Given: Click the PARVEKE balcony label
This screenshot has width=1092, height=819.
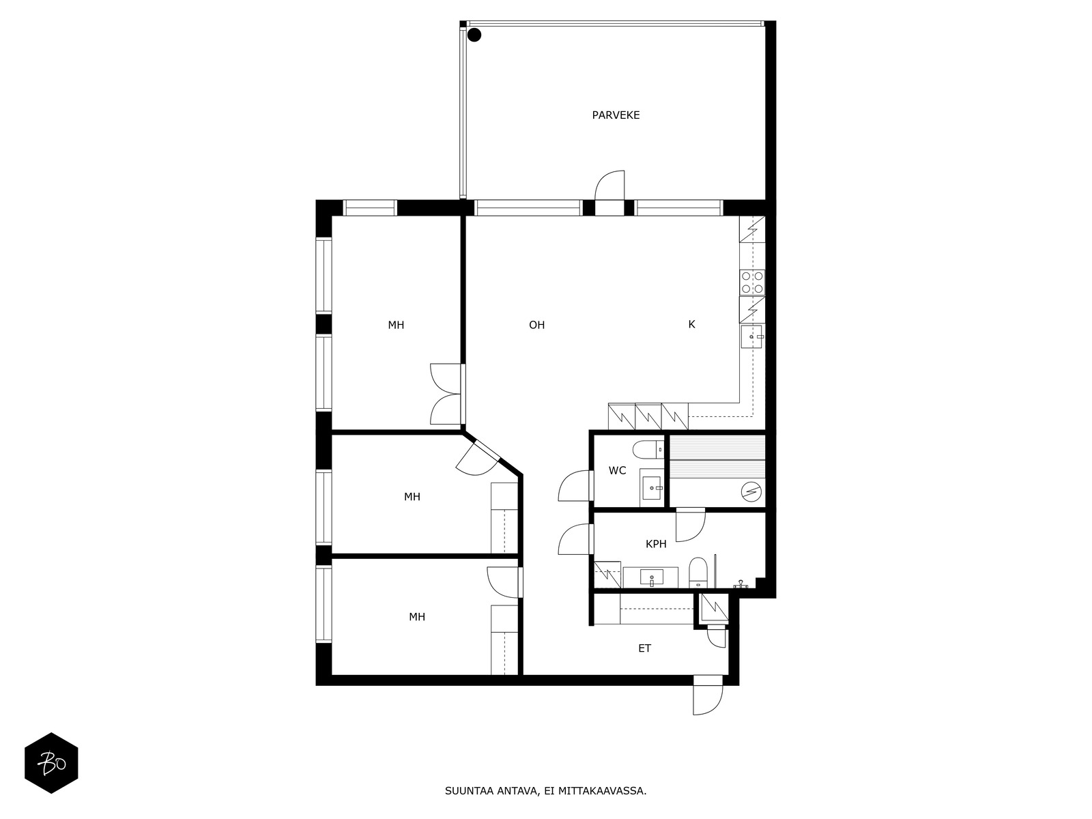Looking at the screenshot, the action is [616, 115].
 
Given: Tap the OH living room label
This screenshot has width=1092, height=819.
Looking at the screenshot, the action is [537, 326].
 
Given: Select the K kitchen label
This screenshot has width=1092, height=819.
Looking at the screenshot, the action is [691, 324].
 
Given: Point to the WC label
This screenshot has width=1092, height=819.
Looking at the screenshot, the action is [618, 470].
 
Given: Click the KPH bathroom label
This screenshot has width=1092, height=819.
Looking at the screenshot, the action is [656, 544].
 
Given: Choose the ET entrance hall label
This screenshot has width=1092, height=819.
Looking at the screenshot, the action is [644, 648].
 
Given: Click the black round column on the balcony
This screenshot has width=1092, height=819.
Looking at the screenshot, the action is [474, 35].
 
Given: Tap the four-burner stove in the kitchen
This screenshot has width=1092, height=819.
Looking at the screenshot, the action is [751, 283].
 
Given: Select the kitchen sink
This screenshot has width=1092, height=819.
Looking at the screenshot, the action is [751, 336].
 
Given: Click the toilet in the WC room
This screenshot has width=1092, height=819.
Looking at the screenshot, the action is [648, 450].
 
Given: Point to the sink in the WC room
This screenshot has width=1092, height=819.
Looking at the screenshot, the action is [652, 488].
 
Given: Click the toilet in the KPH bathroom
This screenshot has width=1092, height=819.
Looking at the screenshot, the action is [698, 572].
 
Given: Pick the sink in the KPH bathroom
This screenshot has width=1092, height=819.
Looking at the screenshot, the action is [650, 577].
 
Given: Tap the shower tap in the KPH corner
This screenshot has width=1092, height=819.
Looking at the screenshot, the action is [741, 584].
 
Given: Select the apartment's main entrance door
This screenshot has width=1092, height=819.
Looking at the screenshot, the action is [708, 695].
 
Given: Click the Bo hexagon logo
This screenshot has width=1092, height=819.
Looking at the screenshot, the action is [51, 763].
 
